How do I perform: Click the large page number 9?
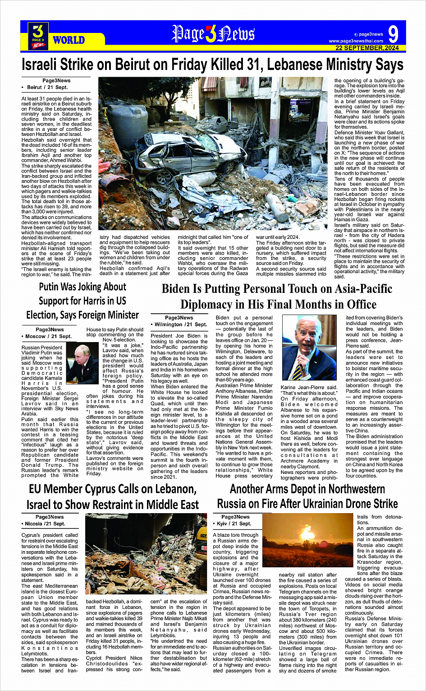(393, 34)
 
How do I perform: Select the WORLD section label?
(69, 40)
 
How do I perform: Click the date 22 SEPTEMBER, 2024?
(367, 48)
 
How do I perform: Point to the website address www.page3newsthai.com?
(357, 41)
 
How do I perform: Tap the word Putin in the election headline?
(52, 287)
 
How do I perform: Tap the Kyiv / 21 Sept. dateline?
(234, 524)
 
